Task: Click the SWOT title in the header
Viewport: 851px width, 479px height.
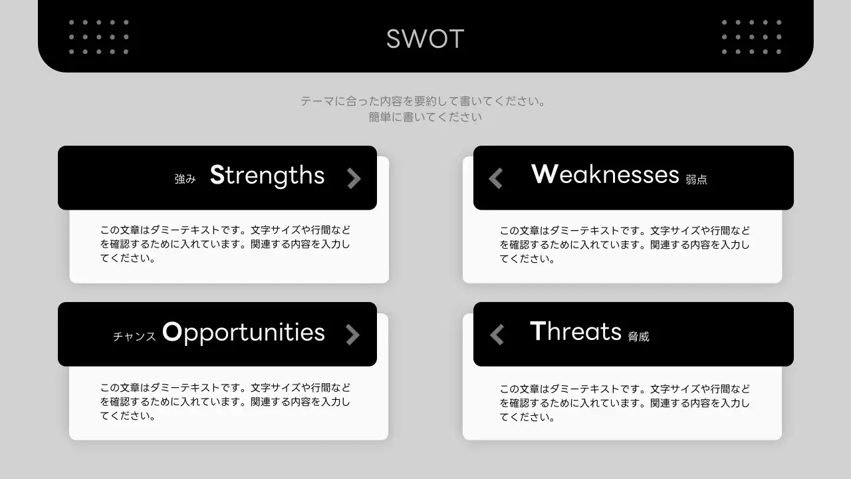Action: pos(425,39)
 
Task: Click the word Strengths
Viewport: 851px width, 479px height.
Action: pos(267,175)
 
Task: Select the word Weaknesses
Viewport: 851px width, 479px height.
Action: pos(605,174)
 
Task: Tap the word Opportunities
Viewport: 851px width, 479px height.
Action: pos(243,332)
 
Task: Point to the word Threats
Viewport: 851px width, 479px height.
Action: pos(576,331)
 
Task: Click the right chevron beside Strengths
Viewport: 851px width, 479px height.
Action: pos(354,178)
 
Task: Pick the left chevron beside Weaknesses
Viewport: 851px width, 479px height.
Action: pos(496,178)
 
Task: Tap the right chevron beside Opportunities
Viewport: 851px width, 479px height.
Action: pos(352,335)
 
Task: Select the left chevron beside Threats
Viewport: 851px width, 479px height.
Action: pos(497,334)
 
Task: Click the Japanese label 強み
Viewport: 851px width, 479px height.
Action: pos(185,179)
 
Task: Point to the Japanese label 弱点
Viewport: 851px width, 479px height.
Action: pos(696,180)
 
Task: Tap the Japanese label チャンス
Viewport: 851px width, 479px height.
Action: pos(134,337)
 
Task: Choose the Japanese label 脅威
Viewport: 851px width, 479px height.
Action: pos(638,337)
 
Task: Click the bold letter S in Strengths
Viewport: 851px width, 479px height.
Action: pos(217,175)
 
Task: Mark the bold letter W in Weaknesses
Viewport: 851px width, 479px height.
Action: pos(544,174)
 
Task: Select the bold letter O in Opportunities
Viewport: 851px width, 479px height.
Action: pos(172,332)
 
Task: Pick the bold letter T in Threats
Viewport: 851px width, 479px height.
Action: pos(537,331)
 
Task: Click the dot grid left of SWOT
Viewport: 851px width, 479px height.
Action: pos(98,37)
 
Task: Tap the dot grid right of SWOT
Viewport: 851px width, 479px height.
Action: pos(751,37)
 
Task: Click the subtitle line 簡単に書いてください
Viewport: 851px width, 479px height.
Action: pos(425,117)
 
